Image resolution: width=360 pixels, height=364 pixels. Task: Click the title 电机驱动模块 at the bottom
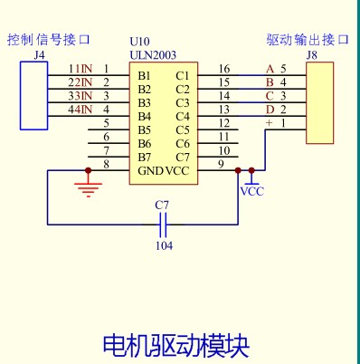tap(175, 344)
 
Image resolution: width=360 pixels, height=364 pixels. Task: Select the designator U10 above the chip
tap(139, 42)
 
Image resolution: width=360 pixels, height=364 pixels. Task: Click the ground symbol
tap(88, 188)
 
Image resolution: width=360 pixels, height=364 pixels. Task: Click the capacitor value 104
tap(164, 245)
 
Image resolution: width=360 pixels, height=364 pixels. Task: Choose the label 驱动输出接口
tap(301, 41)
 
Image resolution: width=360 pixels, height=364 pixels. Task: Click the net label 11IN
tap(81, 69)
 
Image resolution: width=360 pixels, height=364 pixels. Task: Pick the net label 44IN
tap(81, 110)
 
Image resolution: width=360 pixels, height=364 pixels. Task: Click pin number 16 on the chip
tap(223, 69)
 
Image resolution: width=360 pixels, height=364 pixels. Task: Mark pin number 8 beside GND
tap(106, 164)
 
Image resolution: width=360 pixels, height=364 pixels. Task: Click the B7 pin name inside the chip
tap(145, 157)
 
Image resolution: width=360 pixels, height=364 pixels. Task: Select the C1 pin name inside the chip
tap(183, 75)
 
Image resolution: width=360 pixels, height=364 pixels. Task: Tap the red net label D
tap(269, 110)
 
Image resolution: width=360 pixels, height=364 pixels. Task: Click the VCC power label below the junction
tap(252, 191)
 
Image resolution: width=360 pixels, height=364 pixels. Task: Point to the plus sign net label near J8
tap(269, 123)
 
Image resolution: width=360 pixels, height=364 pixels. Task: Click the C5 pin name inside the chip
tap(183, 129)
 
